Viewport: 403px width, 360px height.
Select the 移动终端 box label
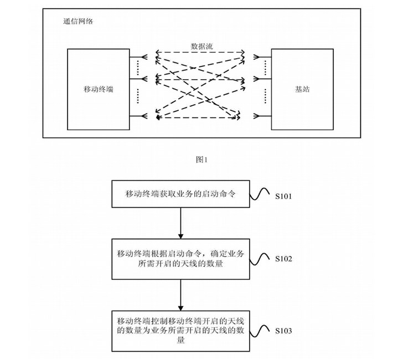[x=98, y=89]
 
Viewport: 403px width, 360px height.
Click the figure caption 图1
[x=201, y=160]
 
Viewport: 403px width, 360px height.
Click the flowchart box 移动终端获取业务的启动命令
[x=181, y=193]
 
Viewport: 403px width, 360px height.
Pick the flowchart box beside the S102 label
[x=181, y=259]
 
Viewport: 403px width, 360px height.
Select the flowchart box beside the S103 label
[x=181, y=331]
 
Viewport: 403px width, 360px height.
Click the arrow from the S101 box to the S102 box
[x=181, y=222]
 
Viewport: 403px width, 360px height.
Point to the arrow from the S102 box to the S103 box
[x=181, y=294]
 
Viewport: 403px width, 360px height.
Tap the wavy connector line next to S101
[x=261, y=195]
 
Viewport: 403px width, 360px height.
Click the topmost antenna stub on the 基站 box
[x=265, y=55]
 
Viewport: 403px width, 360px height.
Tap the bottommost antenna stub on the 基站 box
[x=265, y=116]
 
